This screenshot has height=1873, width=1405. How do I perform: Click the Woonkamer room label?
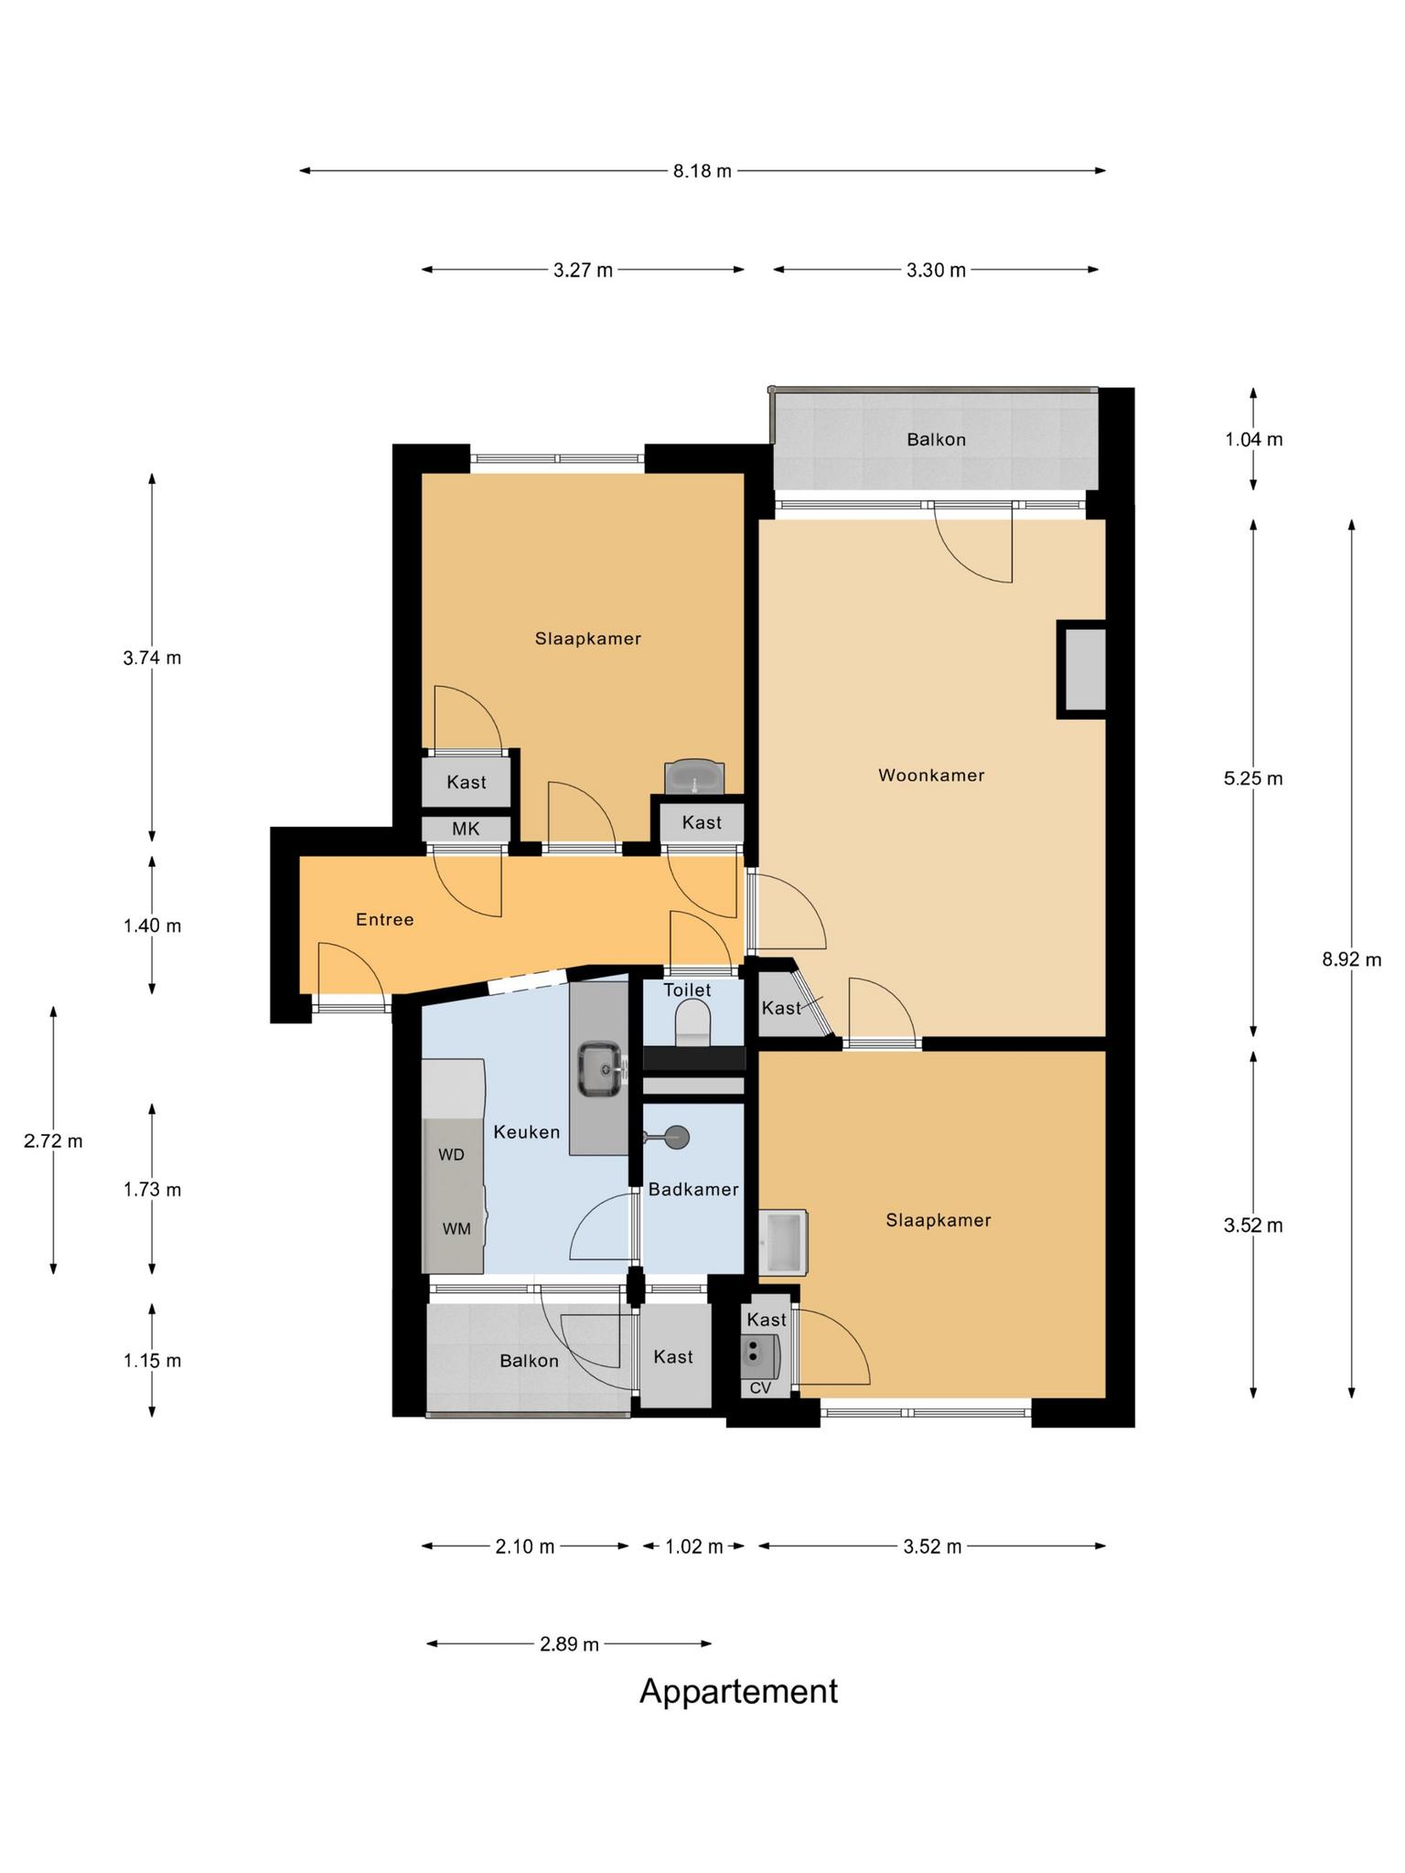[x=931, y=776]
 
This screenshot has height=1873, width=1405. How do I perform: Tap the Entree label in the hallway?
[x=385, y=919]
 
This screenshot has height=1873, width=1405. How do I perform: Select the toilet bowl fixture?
[x=692, y=1022]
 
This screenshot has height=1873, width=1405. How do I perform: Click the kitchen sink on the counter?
[x=601, y=1068]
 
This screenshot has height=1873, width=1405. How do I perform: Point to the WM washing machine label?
[x=456, y=1229]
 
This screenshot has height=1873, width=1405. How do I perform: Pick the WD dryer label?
[x=452, y=1155]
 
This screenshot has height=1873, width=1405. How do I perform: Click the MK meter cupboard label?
[x=466, y=829]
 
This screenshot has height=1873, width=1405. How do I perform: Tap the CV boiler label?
[x=760, y=1388]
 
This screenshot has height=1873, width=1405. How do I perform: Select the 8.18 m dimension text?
[x=702, y=171]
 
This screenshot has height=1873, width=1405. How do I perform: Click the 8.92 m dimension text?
[x=1352, y=959]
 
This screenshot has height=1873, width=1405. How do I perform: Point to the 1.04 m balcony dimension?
[x=1254, y=439]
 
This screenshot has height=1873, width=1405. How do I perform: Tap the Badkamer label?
[x=693, y=1190]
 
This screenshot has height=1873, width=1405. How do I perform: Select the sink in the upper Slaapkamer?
[x=694, y=776]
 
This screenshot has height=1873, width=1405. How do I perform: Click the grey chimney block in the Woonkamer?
[x=1083, y=669]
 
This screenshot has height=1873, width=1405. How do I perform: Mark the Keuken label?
[x=526, y=1132]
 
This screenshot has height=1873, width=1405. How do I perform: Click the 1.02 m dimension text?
[x=693, y=1547]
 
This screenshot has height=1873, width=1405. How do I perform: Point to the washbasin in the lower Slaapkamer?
[x=784, y=1242]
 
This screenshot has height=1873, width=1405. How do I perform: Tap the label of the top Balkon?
[x=937, y=440]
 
